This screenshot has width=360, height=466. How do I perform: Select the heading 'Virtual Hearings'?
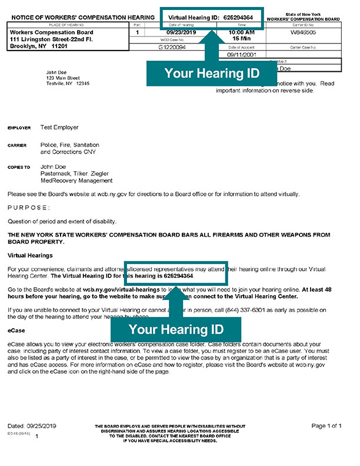[30, 256]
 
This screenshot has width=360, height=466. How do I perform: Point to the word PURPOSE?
[29, 208]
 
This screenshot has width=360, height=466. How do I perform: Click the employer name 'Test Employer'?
[59, 127]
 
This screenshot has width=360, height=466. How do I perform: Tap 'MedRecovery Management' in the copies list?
[76, 181]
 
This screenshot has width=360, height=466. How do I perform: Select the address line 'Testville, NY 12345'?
[68, 84]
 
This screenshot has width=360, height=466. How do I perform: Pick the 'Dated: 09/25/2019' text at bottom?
[33, 425]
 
